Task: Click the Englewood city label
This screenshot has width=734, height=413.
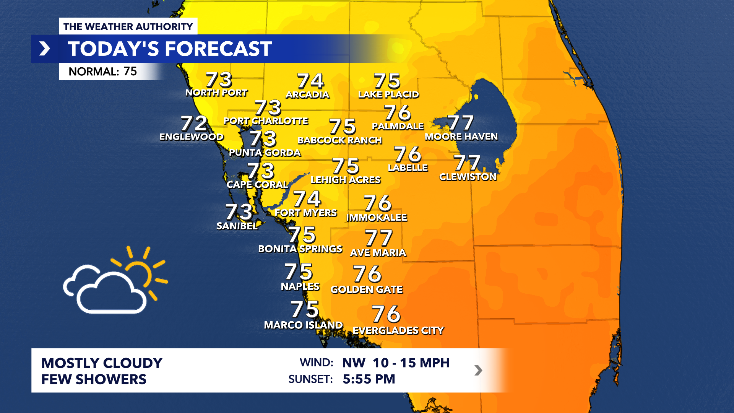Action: pos(191,137)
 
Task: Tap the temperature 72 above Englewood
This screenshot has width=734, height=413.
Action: pos(194,124)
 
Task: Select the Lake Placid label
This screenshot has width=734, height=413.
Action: pos(388,94)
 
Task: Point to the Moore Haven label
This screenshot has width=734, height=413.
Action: pos(461,137)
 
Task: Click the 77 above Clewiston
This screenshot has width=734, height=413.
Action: pos(467,163)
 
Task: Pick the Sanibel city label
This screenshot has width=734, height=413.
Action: pos(237,226)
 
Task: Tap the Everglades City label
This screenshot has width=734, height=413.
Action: pos(398,330)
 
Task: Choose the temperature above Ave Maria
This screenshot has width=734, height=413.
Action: pos(378,238)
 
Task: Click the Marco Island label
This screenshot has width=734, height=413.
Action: pos(303,325)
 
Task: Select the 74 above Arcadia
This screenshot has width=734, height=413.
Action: pos(310,81)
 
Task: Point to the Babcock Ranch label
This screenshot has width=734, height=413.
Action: pos(339,140)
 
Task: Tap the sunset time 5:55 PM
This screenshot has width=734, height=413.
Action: pos(369,379)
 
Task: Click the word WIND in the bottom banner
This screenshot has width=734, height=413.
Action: pos(317,363)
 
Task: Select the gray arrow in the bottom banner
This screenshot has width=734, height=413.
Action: pos(478,370)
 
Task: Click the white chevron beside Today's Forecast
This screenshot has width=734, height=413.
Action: pos(45,49)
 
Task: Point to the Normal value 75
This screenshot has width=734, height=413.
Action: pos(130,72)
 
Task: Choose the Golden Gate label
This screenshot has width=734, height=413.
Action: pos(367,289)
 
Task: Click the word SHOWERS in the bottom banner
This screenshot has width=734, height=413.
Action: pos(111,379)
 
